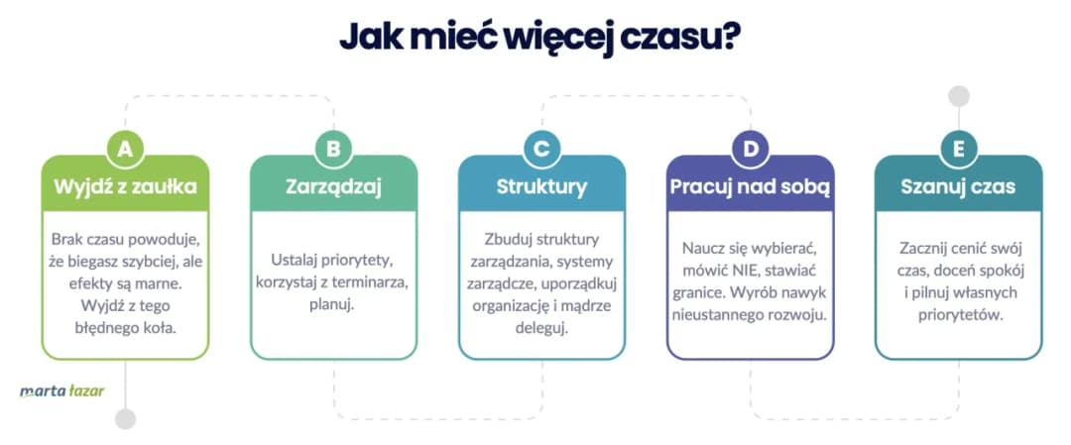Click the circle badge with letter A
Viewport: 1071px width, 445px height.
click(125, 149)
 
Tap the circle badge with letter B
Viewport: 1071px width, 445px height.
click(333, 149)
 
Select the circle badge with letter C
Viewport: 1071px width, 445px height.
click(541, 149)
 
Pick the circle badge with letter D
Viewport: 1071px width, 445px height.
click(750, 149)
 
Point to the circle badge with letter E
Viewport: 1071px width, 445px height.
click(958, 149)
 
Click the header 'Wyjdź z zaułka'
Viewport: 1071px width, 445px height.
click(125, 185)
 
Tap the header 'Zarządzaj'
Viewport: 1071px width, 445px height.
click(333, 185)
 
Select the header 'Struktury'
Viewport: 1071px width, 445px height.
click(541, 185)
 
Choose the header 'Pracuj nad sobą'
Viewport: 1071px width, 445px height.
click(750, 185)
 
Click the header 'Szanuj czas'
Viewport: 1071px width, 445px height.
click(958, 185)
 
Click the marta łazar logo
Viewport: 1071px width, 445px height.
click(61, 390)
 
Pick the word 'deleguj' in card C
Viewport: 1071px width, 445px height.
click(541, 326)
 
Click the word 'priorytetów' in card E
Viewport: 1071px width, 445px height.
click(958, 314)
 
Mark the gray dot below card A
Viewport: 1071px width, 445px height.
click(125, 418)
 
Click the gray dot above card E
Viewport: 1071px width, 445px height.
click(958, 96)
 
